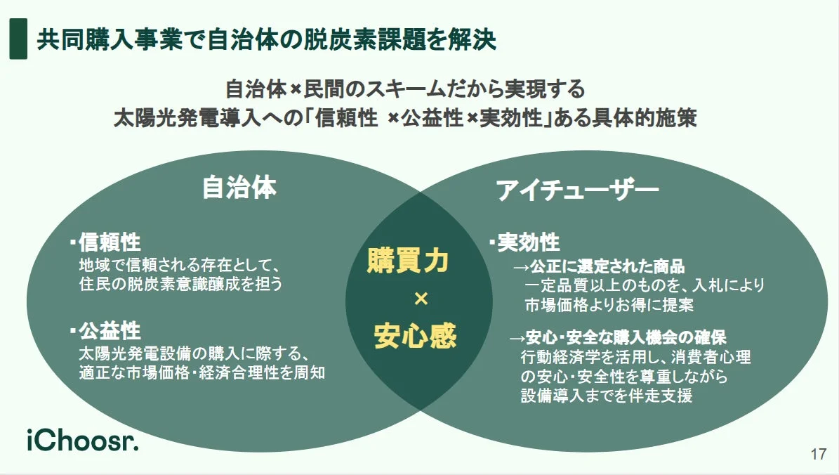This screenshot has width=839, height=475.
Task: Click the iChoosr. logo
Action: click(x=83, y=441)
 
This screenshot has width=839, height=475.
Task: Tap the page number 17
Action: click(x=817, y=454)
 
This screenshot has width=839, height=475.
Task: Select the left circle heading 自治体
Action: click(x=239, y=188)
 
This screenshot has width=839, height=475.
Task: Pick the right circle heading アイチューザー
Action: click(x=577, y=190)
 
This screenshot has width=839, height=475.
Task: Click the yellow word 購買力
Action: click(x=408, y=261)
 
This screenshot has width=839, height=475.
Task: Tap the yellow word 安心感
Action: click(x=415, y=336)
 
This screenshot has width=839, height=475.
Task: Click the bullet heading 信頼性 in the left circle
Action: click(x=110, y=243)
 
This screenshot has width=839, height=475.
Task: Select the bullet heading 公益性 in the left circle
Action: click(x=110, y=331)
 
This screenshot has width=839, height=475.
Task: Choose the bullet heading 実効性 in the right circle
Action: click(x=528, y=243)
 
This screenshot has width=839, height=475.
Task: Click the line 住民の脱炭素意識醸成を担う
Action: click(x=180, y=285)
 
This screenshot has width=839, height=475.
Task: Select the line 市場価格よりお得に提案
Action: click(x=609, y=305)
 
